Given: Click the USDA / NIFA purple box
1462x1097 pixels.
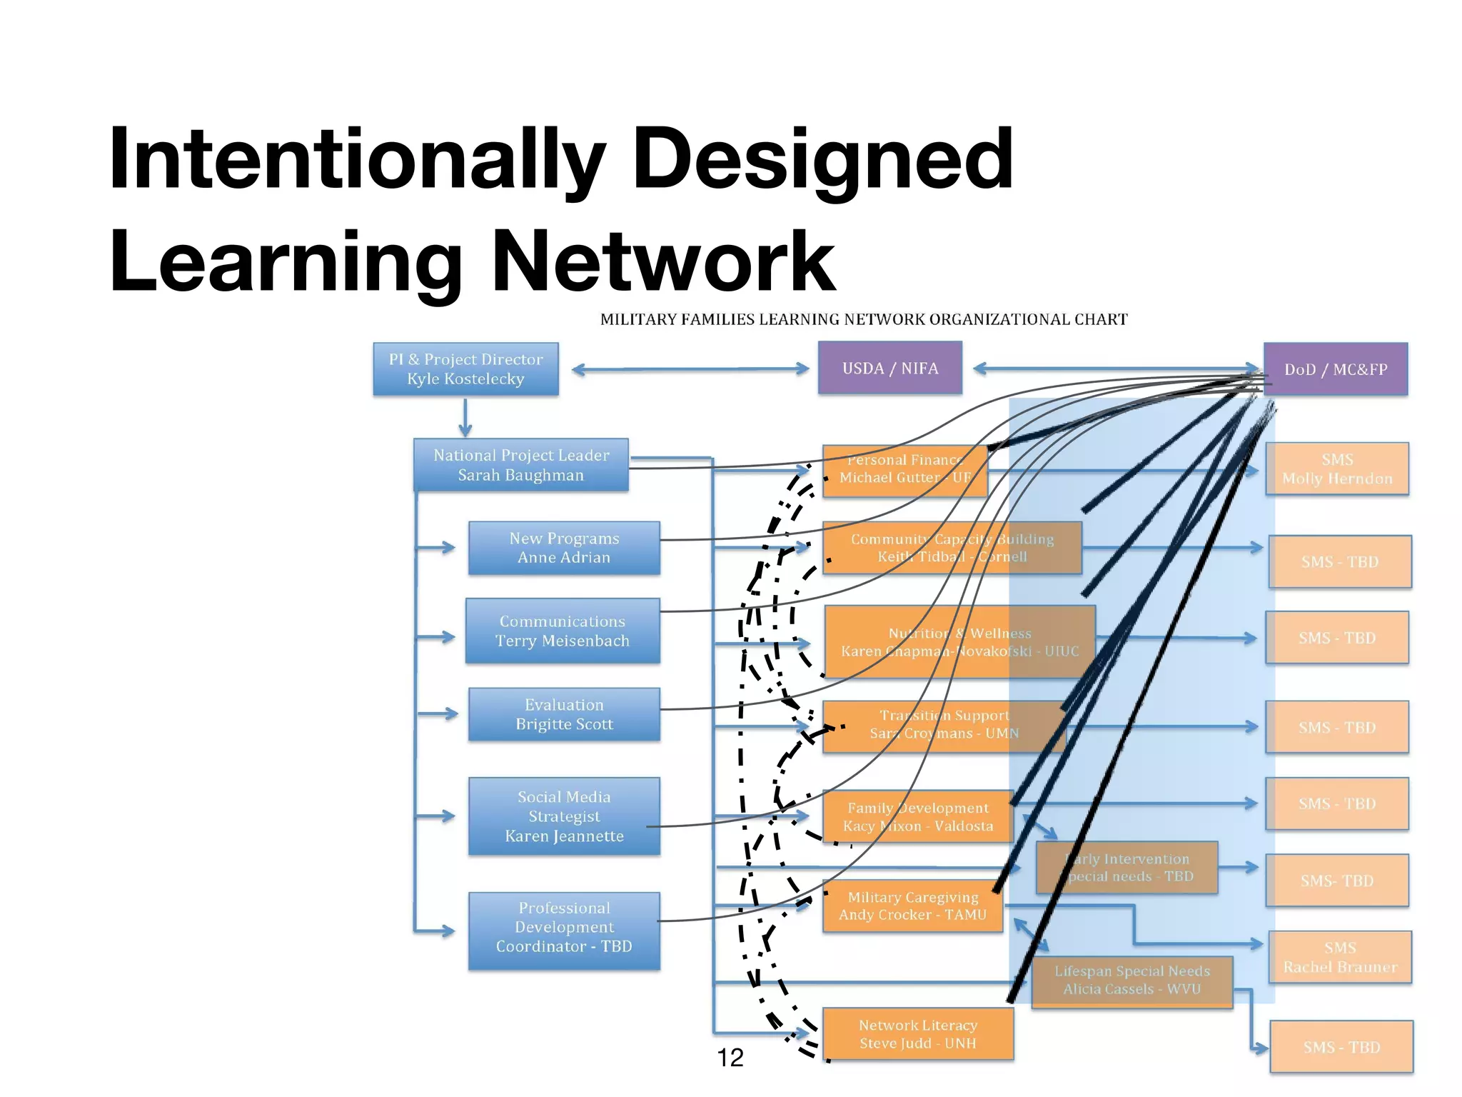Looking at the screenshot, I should (x=889, y=368).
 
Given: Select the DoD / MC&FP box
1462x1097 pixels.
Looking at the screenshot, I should (x=1336, y=369).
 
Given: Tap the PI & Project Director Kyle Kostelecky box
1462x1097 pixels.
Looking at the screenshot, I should (x=465, y=369).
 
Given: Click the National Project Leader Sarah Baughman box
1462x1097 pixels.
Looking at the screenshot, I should (x=521, y=465).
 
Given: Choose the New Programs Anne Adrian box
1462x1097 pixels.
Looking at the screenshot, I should (x=564, y=548).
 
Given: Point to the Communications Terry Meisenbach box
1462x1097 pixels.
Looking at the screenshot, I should (x=563, y=631).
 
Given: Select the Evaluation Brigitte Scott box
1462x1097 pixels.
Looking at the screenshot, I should (x=564, y=714).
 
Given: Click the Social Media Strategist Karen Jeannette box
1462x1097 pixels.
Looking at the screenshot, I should (x=564, y=816).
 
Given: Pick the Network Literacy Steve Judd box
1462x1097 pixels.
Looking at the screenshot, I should (x=918, y=1034).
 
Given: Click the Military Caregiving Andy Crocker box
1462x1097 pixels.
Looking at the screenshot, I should (x=912, y=906).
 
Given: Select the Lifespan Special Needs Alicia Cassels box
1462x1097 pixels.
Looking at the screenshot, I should (x=1132, y=981).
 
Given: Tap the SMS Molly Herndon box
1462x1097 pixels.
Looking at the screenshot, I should (x=1337, y=469).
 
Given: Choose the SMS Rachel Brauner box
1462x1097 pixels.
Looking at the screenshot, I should (x=1340, y=958).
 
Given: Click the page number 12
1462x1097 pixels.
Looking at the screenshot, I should (x=730, y=1058).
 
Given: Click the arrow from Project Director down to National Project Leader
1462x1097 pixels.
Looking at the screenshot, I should (x=465, y=418).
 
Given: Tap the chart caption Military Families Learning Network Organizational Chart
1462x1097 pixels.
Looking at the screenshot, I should (x=864, y=319).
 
